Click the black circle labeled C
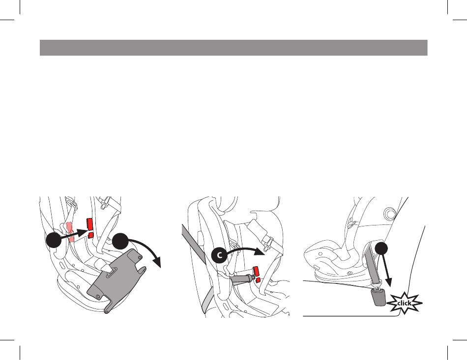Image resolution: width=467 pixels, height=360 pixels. (x=219, y=255)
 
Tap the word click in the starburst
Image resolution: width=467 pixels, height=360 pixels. (x=404, y=304)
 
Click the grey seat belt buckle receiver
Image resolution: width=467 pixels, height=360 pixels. (x=378, y=298)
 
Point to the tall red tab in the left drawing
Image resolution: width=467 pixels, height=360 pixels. (x=89, y=224)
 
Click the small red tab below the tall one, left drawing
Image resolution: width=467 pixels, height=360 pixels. (x=91, y=235)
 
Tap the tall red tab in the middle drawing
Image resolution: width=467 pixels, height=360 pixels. (x=256, y=271)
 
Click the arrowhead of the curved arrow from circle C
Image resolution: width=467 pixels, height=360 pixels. (x=261, y=251)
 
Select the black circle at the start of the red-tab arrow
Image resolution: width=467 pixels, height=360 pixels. (x=54, y=240)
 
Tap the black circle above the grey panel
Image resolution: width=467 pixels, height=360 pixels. (x=120, y=241)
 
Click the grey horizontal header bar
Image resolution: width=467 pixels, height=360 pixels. (x=233, y=48)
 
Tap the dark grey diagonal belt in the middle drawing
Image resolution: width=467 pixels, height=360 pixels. (x=194, y=244)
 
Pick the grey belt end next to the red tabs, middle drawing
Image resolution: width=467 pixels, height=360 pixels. (x=242, y=279)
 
